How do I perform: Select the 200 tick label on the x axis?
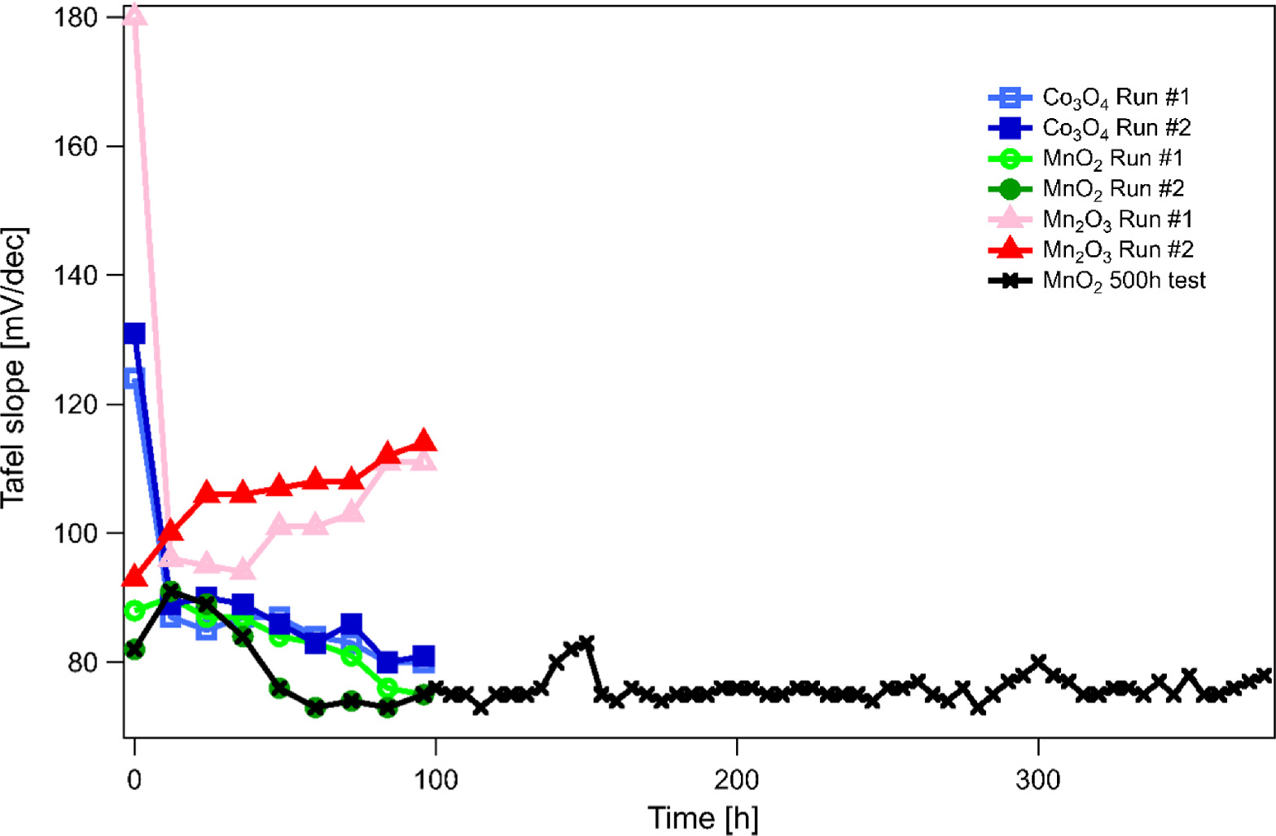[736, 780]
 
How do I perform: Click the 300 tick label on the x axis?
[1038, 780]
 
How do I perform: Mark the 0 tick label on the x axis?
[134, 780]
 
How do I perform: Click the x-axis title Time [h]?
[702, 817]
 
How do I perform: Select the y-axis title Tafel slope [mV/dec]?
[15, 367]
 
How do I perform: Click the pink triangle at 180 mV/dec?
[135, 15]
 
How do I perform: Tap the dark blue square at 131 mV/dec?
[134, 333]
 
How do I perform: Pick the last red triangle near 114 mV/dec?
[423, 441]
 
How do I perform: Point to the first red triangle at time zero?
[134, 577]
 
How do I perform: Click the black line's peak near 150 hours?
[586, 644]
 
